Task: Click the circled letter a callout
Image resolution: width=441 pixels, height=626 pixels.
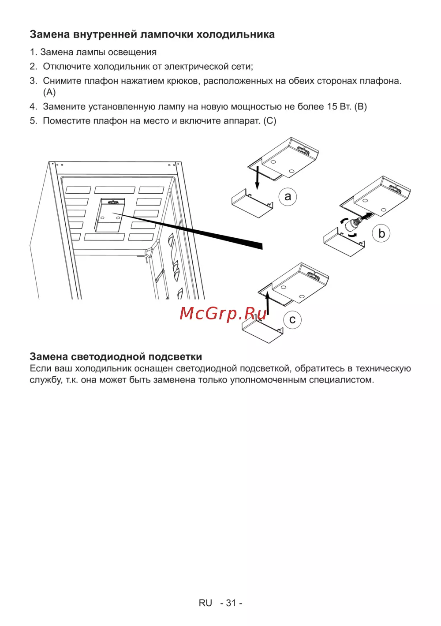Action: click(288, 197)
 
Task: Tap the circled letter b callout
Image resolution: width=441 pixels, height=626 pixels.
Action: click(381, 233)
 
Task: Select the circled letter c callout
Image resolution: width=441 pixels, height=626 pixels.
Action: click(292, 319)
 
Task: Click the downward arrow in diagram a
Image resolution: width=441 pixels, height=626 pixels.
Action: click(258, 178)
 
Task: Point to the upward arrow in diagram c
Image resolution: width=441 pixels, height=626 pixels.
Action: click(268, 303)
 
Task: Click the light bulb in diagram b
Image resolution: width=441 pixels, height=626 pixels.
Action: click(353, 223)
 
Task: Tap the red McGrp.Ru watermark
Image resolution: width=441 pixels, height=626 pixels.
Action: click(223, 314)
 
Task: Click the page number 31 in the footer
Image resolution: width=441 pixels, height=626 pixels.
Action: click(231, 603)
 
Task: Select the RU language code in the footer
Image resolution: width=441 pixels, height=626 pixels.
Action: click(205, 603)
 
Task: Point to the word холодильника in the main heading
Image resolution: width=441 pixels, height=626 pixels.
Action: click(235, 34)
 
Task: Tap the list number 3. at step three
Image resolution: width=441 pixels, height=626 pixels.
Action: click(34, 81)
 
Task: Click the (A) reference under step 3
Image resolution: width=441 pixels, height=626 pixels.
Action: click(49, 92)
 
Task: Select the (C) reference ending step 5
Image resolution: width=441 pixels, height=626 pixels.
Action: click(270, 121)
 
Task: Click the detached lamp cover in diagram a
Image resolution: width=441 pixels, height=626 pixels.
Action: click(252, 203)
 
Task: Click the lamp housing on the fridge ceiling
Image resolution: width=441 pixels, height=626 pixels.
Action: click(109, 215)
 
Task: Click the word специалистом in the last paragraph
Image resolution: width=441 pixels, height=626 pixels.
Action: click(341, 380)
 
